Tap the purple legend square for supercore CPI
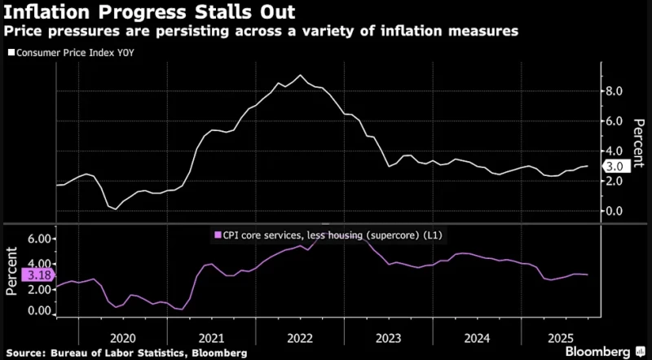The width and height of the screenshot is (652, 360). [217, 235]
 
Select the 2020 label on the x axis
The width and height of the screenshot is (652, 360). [122, 336]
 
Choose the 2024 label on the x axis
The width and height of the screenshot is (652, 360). [476, 336]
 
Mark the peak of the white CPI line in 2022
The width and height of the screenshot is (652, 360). [301, 75]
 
